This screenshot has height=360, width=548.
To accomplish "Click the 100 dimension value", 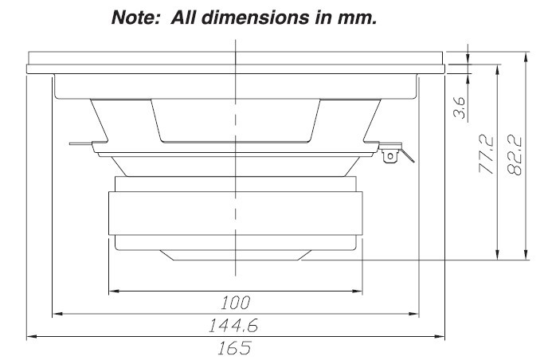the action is click(236, 303).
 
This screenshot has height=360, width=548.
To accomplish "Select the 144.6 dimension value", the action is click(233, 326).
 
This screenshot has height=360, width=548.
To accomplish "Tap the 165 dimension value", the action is click(234, 348).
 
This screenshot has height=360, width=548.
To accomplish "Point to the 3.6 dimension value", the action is click(460, 108).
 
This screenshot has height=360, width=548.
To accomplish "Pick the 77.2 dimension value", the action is click(486, 155).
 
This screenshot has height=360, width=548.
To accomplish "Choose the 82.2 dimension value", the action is click(514, 155).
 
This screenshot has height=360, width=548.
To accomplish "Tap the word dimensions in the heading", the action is click(256, 18).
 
